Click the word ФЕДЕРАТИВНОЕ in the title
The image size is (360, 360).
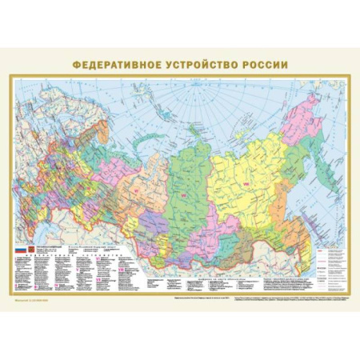tap(116, 64)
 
